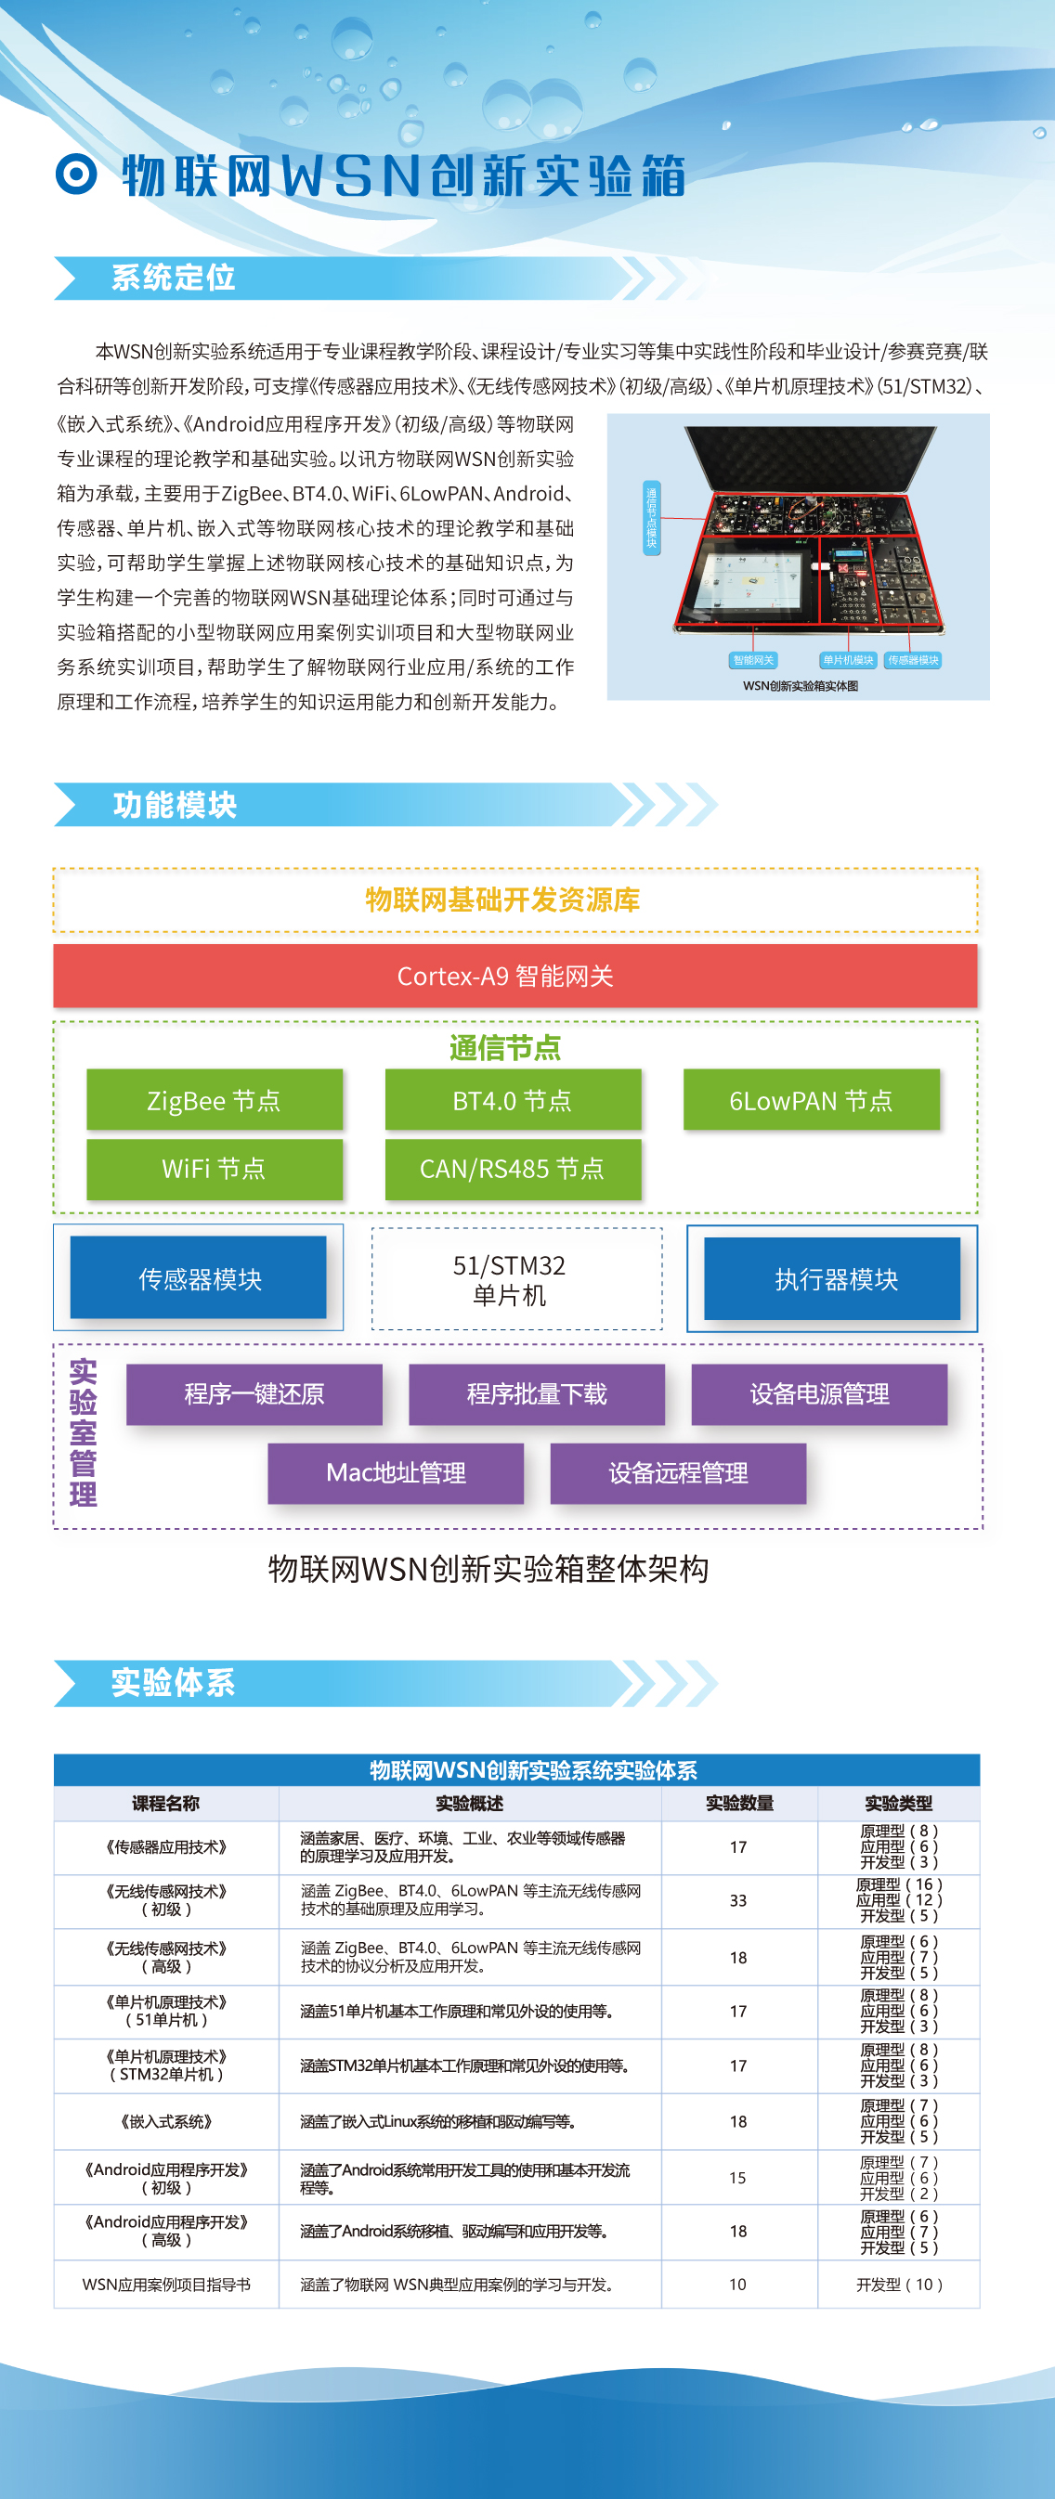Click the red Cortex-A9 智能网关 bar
coord(514,976)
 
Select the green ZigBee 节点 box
coord(215,1100)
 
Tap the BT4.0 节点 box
coord(513,1100)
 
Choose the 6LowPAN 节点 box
coord(811,1100)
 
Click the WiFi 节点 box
coord(215,1168)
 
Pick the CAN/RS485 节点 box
coord(513,1168)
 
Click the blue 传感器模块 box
coord(199,1277)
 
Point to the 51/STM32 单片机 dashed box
coord(516,1278)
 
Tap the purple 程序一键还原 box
coord(254,1394)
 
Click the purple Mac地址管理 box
coord(396,1472)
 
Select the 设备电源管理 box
coord(819,1394)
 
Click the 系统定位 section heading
coord(174,278)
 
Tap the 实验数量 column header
coord(738,1804)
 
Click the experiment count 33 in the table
coord(737,1900)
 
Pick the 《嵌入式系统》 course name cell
coord(166,2120)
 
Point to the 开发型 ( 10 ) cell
coord(899,2285)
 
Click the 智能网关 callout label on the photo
coord(753,660)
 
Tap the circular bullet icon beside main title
coord(77,175)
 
